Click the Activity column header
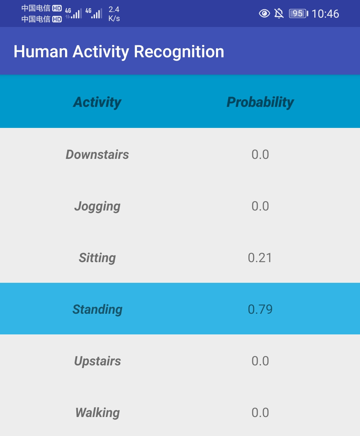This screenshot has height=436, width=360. click(97, 102)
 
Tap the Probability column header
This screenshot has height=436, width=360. click(260, 102)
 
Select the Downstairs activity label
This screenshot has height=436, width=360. click(97, 155)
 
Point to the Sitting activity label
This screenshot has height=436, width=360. click(97, 258)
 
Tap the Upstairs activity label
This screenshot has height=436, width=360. click(97, 361)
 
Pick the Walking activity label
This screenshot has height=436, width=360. click(97, 413)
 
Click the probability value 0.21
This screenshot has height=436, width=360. click(260, 258)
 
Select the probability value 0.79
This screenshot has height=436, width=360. click(260, 309)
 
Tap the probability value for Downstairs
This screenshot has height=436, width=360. click(260, 155)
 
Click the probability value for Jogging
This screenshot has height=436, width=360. click(260, 206)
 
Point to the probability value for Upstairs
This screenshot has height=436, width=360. click(260, 361)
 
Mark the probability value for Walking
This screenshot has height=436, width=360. click(260, 412)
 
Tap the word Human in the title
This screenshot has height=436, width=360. click(41, 52)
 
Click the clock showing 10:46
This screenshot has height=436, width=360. click(325, 14)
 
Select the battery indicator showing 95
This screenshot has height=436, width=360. click(298, 14)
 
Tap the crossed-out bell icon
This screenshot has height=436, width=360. click(279, 14)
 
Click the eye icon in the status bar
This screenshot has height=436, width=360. click(264, 14)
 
